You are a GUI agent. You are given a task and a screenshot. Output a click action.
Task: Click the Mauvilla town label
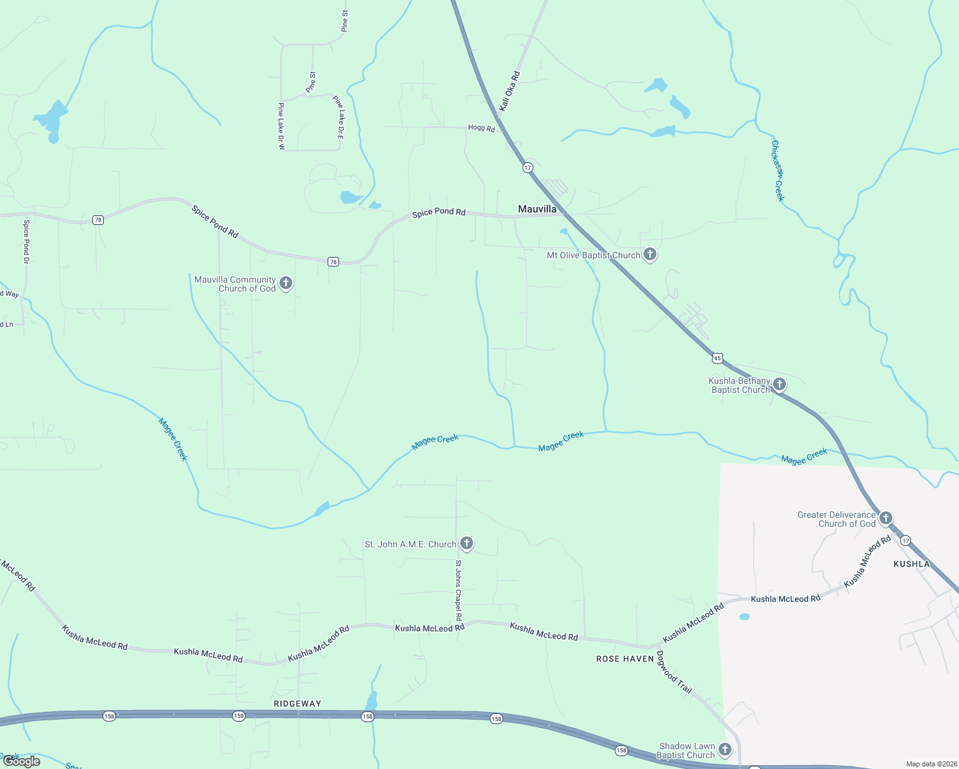tap(537, 209)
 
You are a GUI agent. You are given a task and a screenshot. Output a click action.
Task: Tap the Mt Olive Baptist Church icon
tap(650, 254)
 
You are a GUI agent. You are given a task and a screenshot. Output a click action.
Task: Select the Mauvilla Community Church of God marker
tap(286, 283)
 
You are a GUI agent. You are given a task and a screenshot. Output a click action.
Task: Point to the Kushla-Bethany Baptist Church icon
tap(780, 384)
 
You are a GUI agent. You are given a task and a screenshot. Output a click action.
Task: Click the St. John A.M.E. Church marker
tap(467, 543)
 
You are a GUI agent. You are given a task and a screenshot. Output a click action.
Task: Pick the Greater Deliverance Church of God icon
tap(886, 518)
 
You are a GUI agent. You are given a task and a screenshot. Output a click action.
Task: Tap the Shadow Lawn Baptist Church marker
tap(725, 749)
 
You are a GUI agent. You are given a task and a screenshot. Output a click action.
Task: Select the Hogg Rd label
tap(481, 128)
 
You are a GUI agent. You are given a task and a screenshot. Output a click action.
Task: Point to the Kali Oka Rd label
tap(510, 92)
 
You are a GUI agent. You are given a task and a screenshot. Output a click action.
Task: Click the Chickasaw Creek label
tap(778, 171)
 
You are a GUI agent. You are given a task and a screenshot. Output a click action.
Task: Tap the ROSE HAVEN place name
tap(625, 659)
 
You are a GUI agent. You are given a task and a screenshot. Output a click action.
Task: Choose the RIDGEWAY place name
tap(297, 704)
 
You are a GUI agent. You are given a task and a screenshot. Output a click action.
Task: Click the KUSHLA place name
tap(911, 564)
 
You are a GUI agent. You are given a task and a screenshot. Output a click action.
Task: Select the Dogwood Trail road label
tap(674, 677)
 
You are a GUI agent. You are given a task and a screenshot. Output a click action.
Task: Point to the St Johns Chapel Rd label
tap(458, 591)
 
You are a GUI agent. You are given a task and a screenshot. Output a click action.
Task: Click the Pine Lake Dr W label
tap(281, 126)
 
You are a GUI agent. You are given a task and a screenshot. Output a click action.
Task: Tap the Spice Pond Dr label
tap(26, 242)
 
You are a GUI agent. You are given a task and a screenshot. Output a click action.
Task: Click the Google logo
tap(22, 761)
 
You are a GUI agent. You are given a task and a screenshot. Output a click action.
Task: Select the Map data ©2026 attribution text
tap(931, 764)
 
